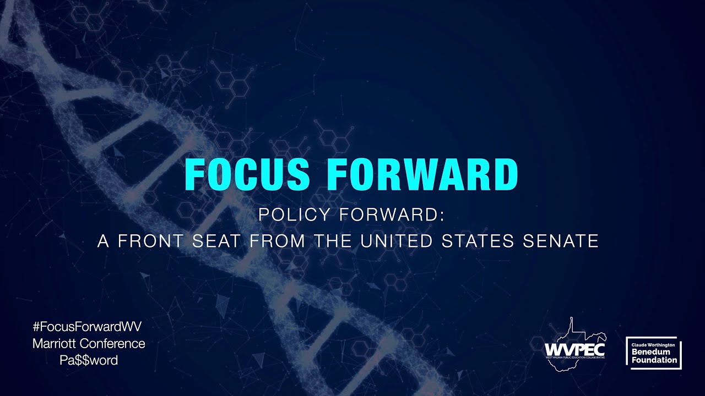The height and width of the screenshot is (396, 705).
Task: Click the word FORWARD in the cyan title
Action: (x=422, y=174)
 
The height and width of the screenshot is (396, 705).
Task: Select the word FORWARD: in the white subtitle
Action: (x=392, y=215)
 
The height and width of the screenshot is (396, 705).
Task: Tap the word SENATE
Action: (x=561, y=241)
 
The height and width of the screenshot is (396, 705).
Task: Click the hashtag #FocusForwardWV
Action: (x=88, y=326)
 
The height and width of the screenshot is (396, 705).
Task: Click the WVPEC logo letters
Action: (x=574, y=349)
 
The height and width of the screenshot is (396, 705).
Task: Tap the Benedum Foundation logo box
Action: (x=654, y=353)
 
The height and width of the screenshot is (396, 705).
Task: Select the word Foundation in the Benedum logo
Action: (x=654, y=360)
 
